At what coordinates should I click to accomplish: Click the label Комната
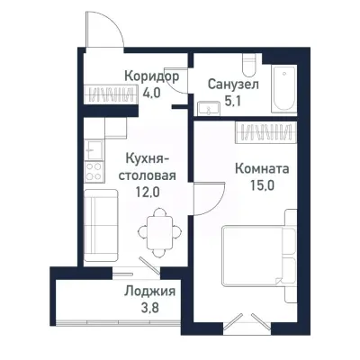(262, 167)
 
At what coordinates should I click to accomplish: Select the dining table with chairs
(159, 229)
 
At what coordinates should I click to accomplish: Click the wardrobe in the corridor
(117, 92)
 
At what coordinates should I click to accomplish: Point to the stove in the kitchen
(93, 166)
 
